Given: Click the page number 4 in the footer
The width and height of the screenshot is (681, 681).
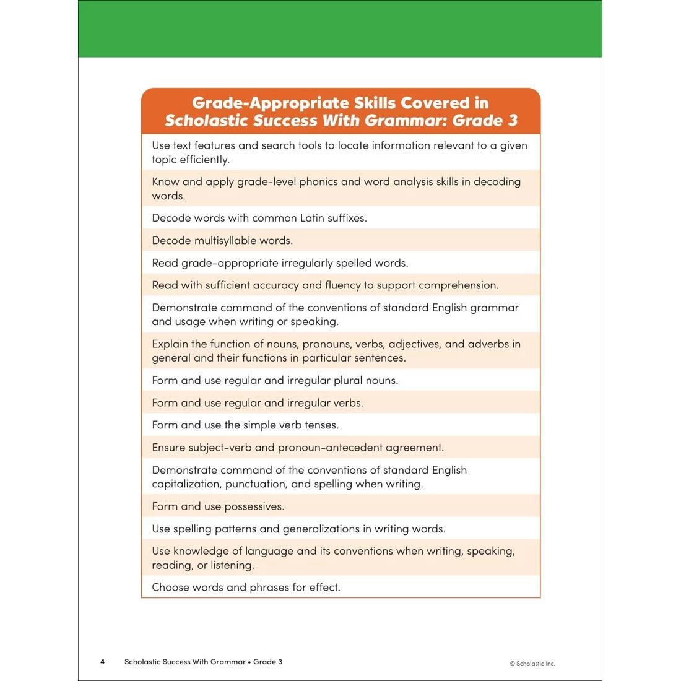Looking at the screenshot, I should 103,662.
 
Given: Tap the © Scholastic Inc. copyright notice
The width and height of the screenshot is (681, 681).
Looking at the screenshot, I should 532,664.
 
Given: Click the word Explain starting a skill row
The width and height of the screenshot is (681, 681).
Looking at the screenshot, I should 170,344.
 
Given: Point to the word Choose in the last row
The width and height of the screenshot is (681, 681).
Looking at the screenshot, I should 170,588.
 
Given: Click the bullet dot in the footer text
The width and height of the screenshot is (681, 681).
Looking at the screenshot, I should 249,662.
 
